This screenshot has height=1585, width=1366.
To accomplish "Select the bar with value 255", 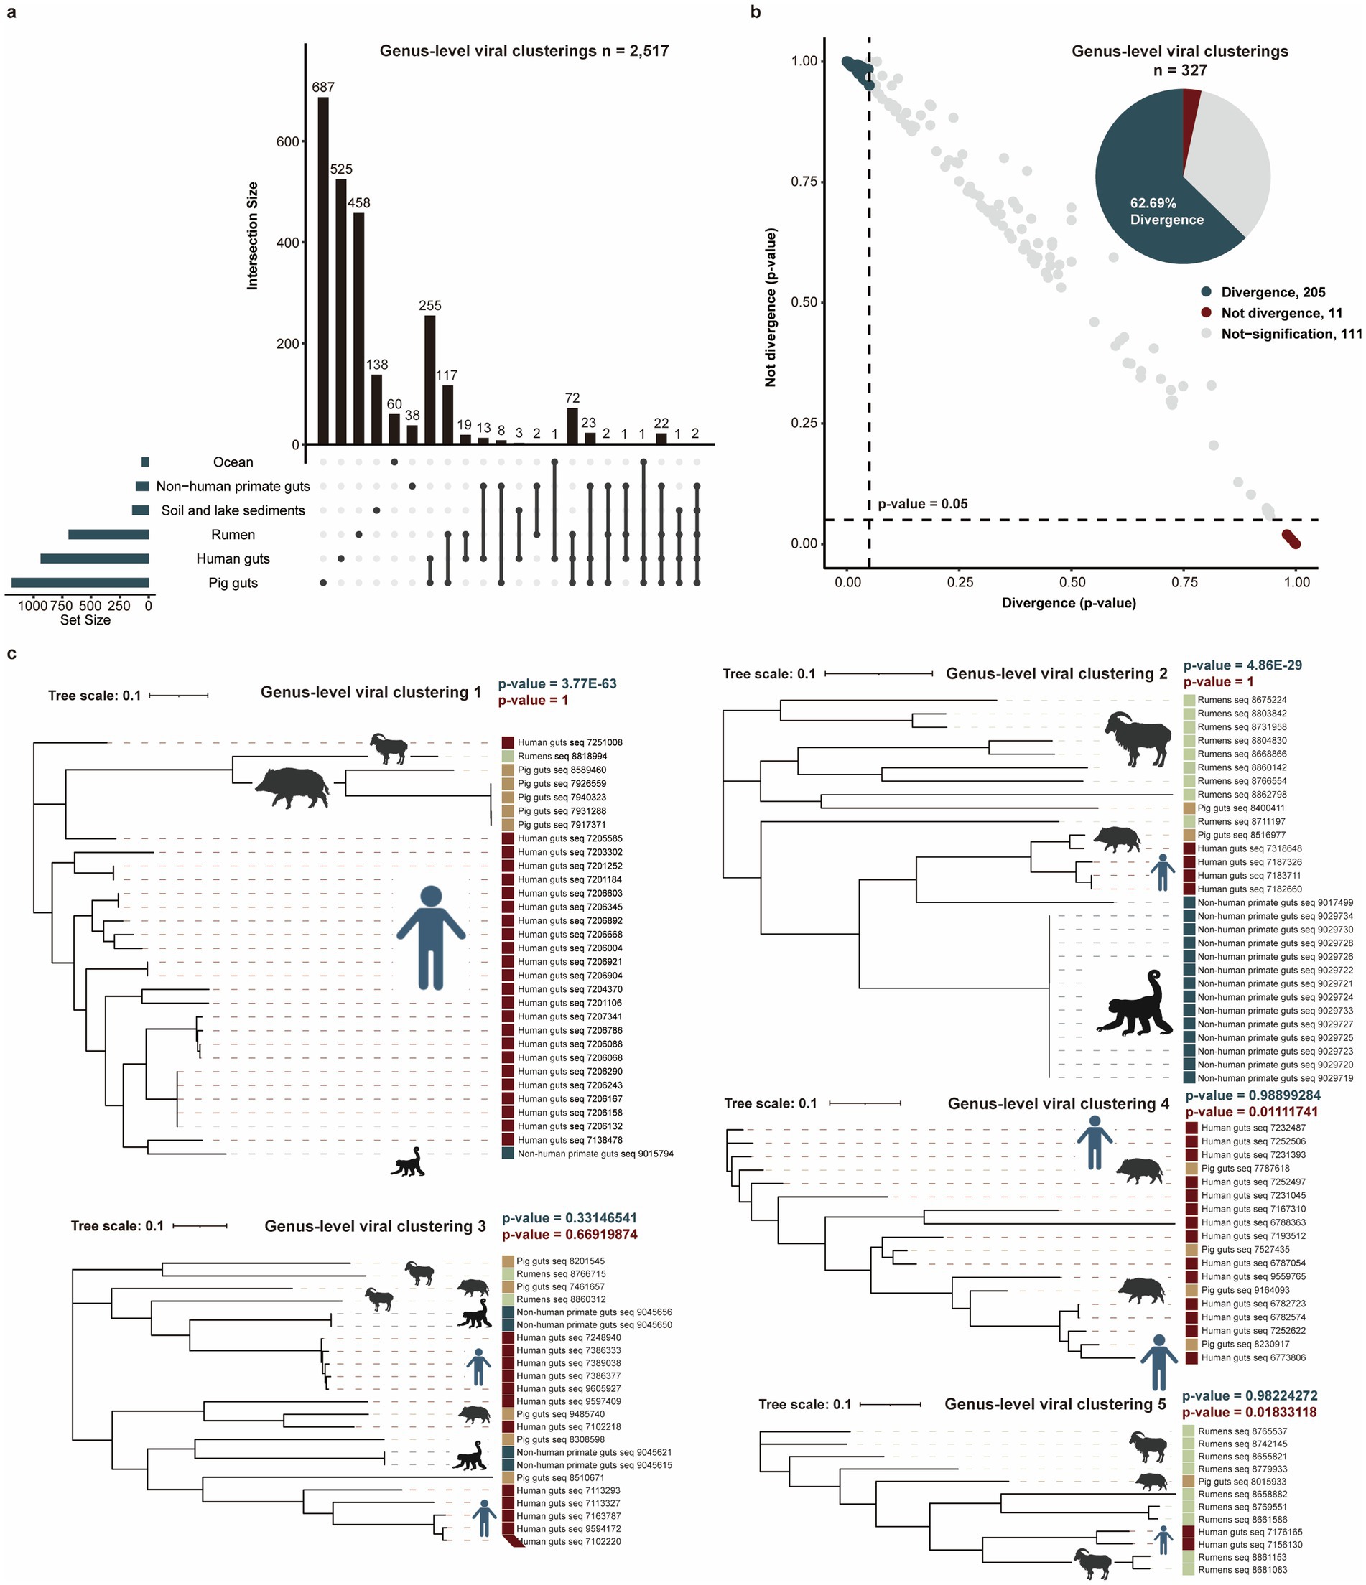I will coord(430,380).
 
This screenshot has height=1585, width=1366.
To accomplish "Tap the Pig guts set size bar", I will coord(80,583).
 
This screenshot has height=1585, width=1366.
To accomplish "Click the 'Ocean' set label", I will coord(233,462).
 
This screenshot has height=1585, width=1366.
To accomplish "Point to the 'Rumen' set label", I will coord(233,535).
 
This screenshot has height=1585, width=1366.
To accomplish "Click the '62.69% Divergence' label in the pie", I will coord(1166,211).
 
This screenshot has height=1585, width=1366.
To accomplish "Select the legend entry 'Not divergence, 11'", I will coord(1281,313).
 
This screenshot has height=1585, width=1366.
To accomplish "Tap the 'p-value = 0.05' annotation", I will coord(922,504).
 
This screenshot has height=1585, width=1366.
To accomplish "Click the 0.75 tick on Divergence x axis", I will coord(1184,582).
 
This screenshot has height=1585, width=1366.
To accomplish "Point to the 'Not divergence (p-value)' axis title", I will coord(771,307).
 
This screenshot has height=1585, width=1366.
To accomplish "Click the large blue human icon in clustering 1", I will coord(431,937).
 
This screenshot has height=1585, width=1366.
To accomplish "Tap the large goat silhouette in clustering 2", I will coord(1138,738).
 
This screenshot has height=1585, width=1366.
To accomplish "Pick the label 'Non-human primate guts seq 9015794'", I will coord(595,1154).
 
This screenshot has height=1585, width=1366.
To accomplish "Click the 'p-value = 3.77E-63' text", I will coord(557,684).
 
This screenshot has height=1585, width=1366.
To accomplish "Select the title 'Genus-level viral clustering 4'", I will coord(1059,1104).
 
